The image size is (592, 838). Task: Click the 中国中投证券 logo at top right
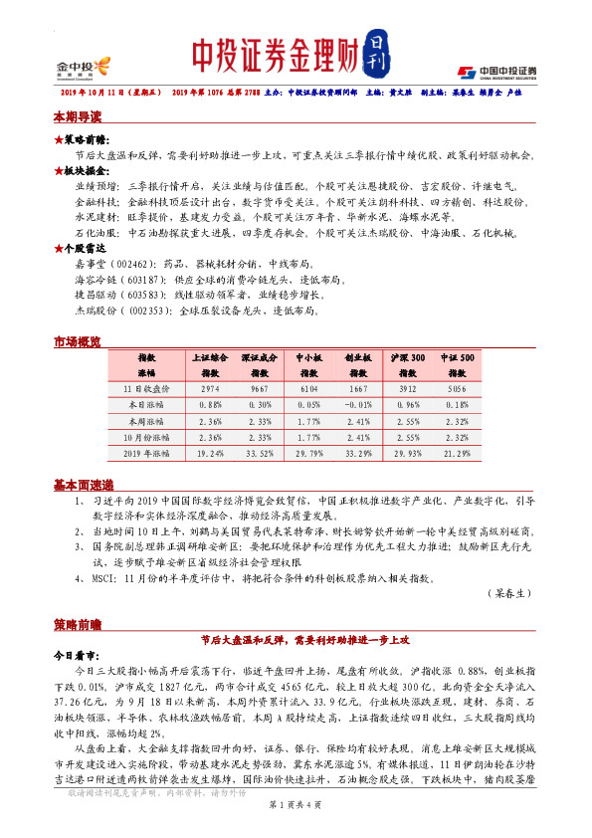click(x=497, y=72)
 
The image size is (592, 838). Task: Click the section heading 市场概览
click(x=77, y=342)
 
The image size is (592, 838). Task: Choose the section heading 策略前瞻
click(x=77, y=624)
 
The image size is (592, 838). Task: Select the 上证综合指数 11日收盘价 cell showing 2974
click(x=210, y=389)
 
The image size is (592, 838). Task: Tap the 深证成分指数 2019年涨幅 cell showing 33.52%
click(x=260, y=453)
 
